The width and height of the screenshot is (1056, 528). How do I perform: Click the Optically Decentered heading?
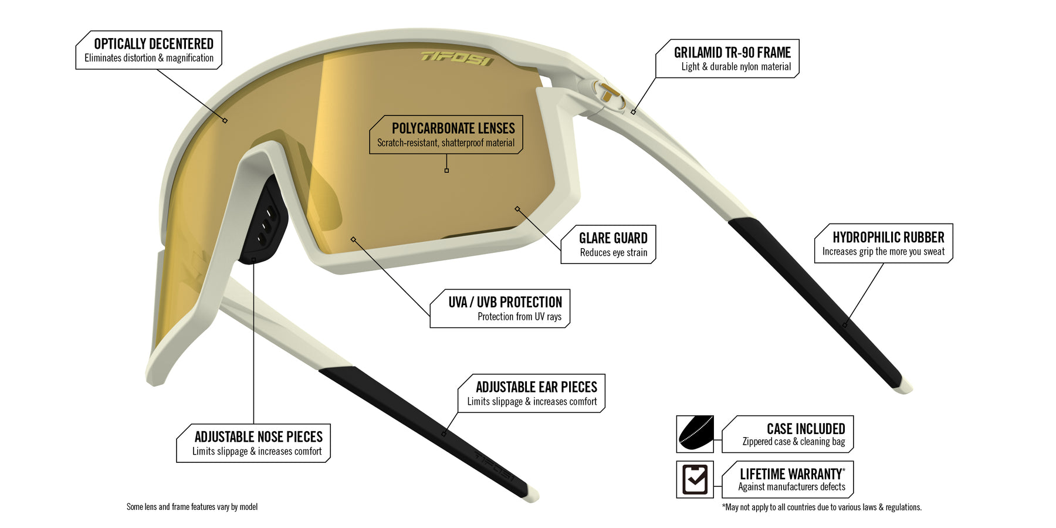(154, 44)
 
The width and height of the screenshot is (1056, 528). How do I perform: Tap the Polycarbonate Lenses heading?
(453, 128)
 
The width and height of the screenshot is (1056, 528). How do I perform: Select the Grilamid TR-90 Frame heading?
(732, 53)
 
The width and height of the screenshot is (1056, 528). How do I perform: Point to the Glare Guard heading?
(613, 238)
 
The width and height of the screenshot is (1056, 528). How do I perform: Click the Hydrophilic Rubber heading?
(888, 238)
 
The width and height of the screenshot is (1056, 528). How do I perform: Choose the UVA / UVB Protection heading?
(505, 302)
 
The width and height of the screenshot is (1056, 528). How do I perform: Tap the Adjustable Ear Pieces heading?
(536, 387)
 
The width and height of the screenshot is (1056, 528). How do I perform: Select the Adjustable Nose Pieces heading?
(259, 437)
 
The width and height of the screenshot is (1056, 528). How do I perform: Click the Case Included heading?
(806, 429)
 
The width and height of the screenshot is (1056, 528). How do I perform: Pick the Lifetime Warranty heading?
(792, 474)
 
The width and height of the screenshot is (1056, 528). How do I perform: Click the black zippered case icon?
(695, 434)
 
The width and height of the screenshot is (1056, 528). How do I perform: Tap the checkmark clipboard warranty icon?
(695, 479)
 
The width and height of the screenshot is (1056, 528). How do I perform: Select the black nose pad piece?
(263, 220)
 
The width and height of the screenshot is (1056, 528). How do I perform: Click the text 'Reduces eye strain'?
(614, 253)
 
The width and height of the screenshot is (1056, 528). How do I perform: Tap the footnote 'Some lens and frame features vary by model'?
(192, 507)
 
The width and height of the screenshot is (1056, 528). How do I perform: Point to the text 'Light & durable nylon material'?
(736, 67)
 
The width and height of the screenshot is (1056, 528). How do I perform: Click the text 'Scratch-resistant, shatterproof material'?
(446, 143)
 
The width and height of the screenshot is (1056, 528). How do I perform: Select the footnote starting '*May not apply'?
(822, 507)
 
